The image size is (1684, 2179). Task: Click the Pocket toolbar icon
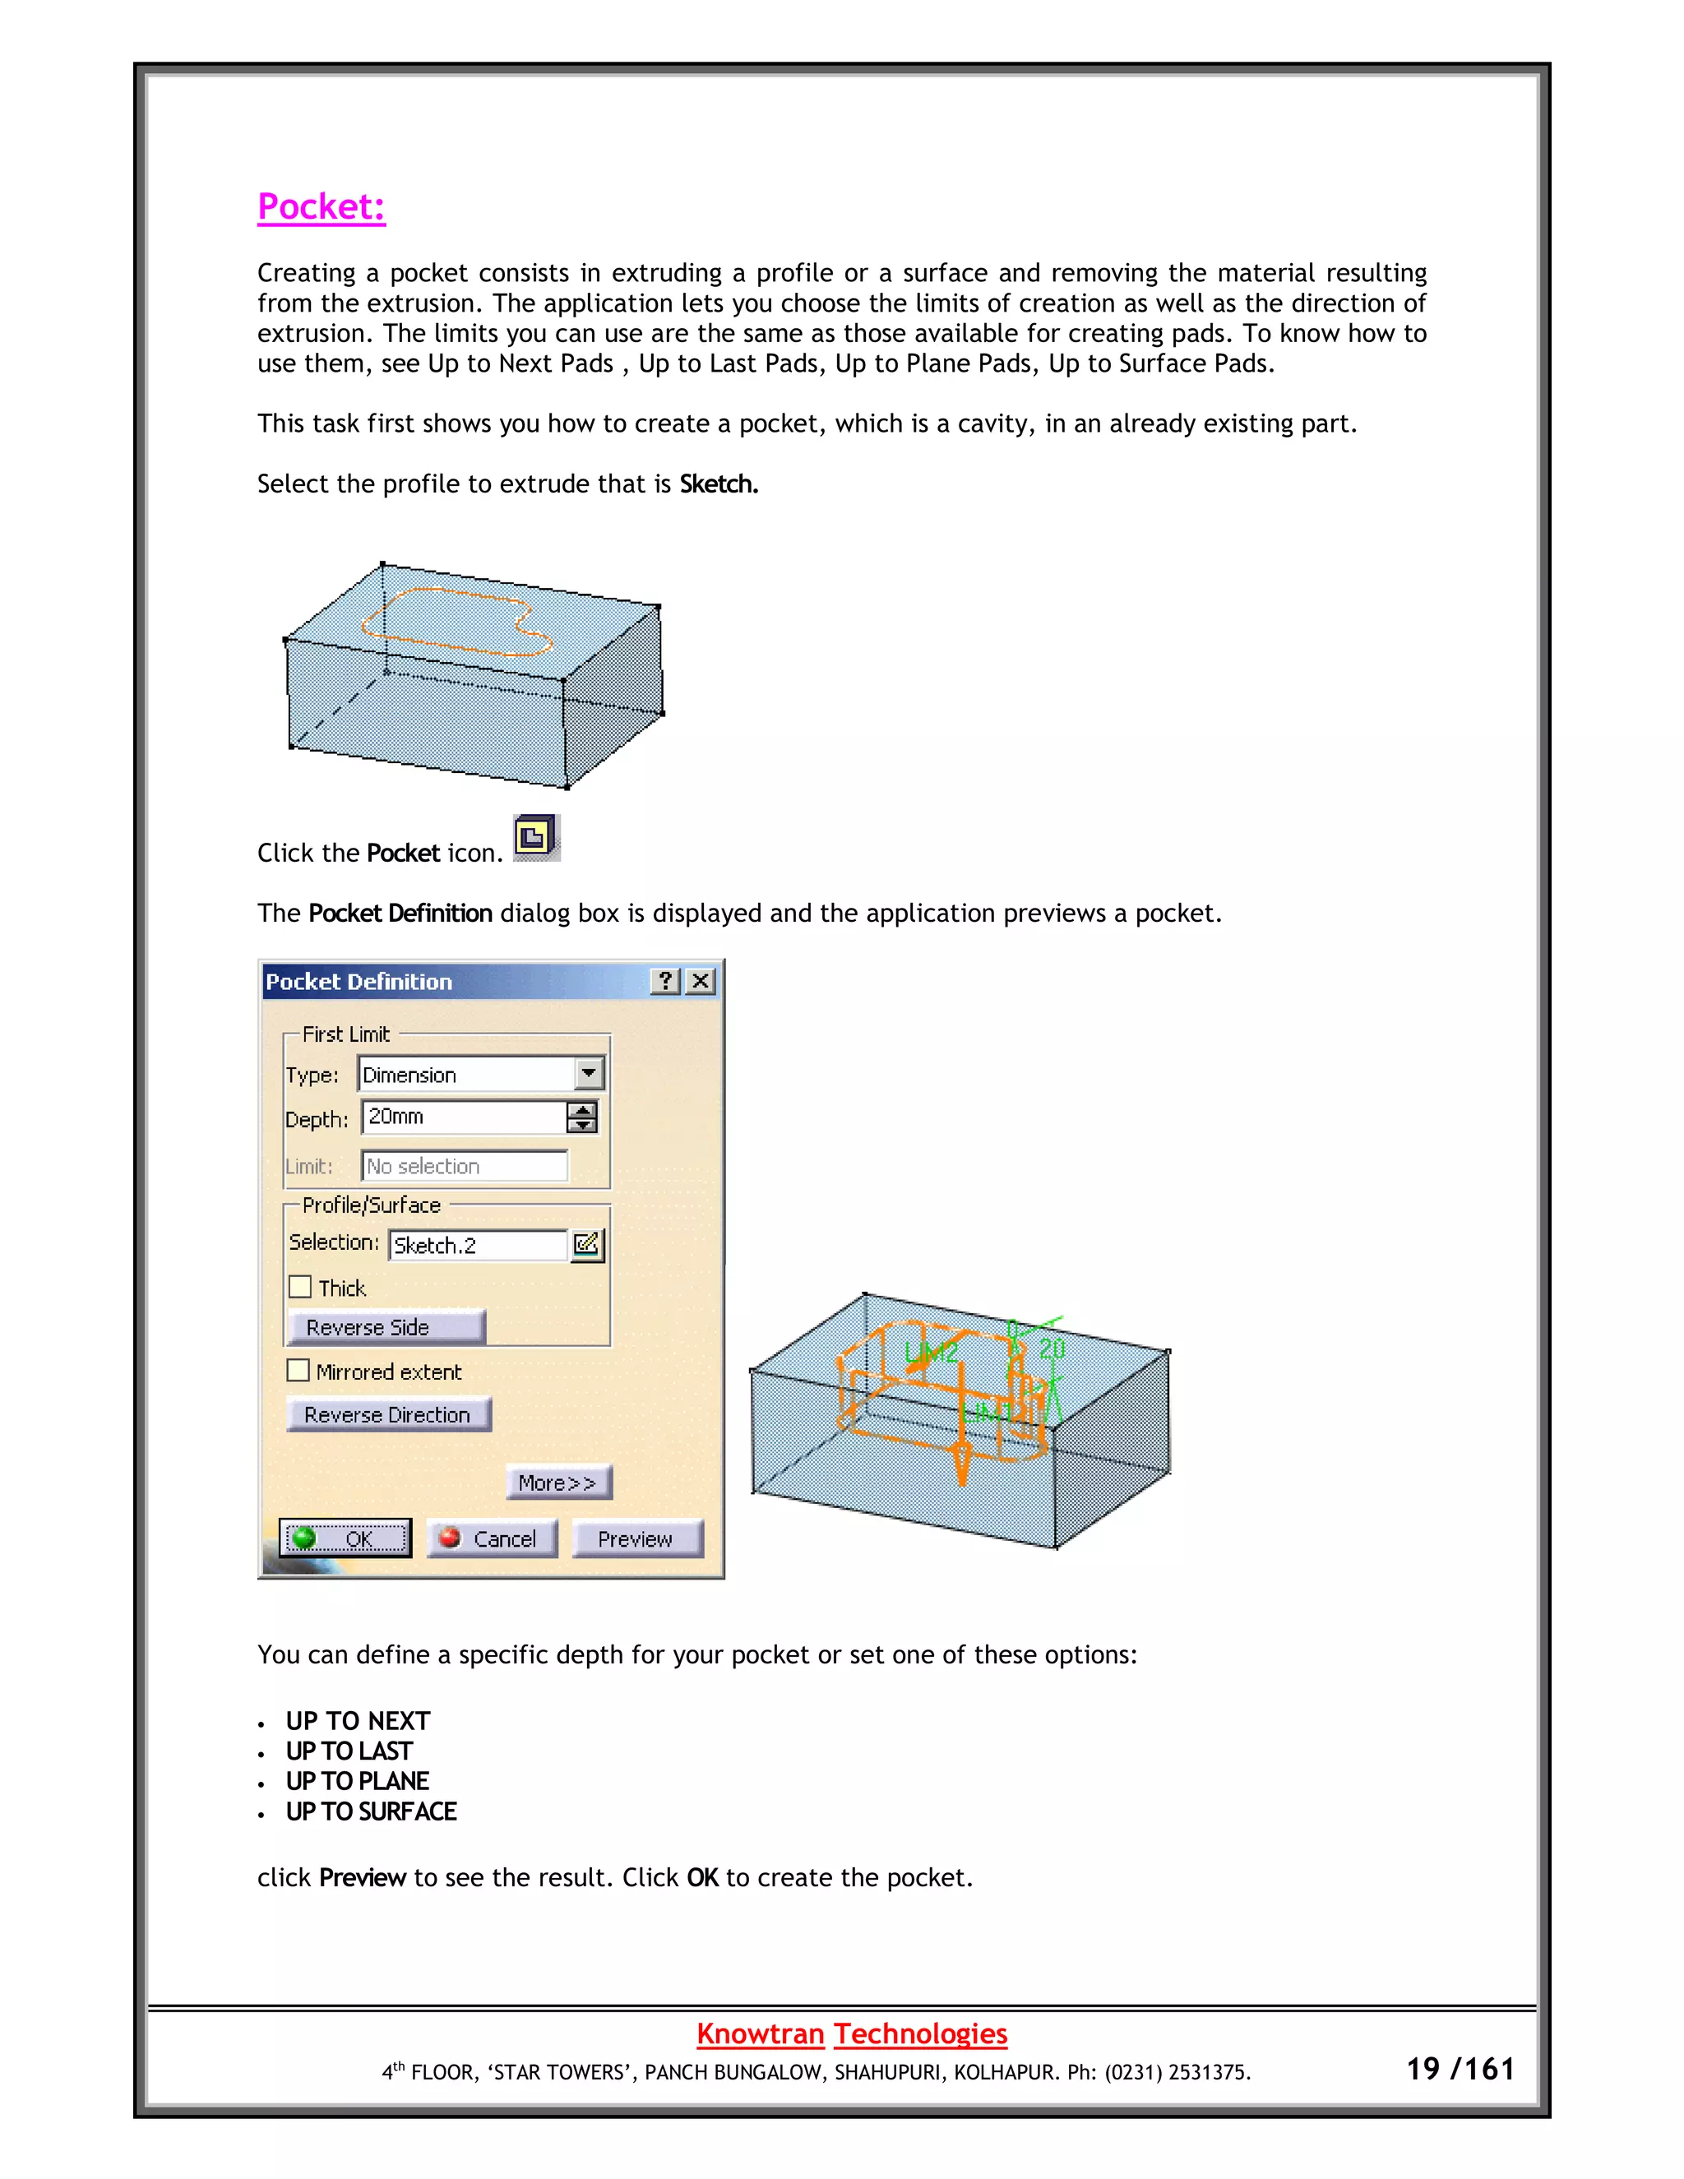(x=536, y=837)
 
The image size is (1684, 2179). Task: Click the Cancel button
(x=491, y=1538)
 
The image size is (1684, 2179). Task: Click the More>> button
(x=557, y=1483)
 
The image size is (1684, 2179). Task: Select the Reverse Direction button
(x=387, y=1415)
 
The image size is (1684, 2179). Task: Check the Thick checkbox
(x=300, y=1287)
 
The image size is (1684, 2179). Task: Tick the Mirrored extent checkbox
(x=298, y=1371)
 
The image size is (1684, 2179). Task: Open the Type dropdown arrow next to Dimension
(x=590, y=1075)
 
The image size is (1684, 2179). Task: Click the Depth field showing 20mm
(x=464, y=1117)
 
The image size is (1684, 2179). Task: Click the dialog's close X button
(x=701, y=981)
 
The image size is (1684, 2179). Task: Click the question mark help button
(x=665, y=981)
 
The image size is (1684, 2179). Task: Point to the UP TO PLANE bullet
(x=357, y=1781)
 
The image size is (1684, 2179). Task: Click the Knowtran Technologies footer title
(x=851, y=2033)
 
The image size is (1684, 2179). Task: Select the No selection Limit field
(x=464, y=1165)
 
